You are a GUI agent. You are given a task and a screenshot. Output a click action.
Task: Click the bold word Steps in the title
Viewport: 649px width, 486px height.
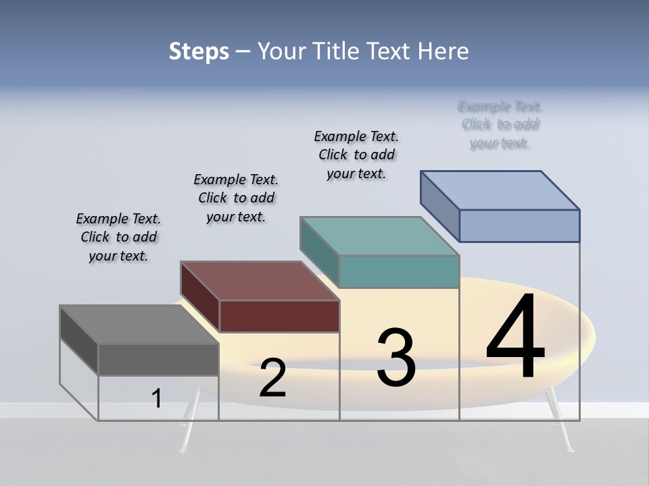click(199, 51)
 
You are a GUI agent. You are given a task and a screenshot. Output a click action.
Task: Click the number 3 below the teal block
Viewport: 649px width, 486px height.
click(396, 358)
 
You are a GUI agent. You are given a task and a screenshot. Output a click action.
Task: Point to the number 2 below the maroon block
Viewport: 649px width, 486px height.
click(272, 378)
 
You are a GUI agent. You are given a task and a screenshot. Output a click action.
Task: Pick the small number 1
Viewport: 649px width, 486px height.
click(157, 399)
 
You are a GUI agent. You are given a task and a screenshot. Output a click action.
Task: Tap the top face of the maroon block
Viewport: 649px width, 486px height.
click(260, 281)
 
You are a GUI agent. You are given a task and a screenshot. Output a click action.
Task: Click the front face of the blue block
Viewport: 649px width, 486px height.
click(519, 225)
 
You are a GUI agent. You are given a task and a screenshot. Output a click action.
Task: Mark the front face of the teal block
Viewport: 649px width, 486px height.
click(399, 271)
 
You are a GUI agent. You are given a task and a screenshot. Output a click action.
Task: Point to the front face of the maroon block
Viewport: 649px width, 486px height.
click(279, 316)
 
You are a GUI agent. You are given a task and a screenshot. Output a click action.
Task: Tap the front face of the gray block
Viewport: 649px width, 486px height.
click(158, 359)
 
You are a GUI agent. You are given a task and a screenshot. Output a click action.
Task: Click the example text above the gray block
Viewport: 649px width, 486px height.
click(118, 237)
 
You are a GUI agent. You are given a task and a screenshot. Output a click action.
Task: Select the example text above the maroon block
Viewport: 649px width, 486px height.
click(236, 198)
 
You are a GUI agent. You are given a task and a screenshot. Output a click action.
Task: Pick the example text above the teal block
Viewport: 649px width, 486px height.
click(356, 155)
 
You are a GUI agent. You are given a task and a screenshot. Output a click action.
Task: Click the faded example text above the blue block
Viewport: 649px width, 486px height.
click(500, 125)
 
